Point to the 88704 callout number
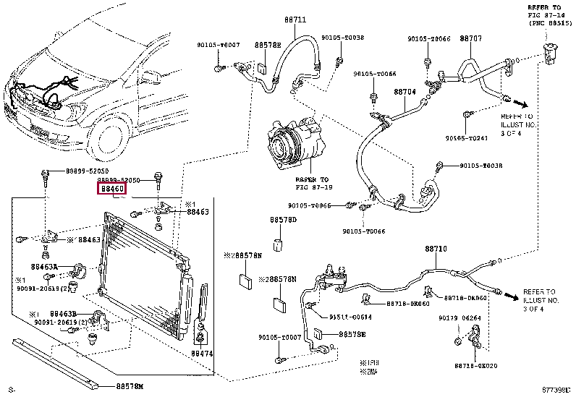coord(405,93)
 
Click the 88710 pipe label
coord(436,249)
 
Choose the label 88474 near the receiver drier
coord(202,354)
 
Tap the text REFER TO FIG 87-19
coord(312,183)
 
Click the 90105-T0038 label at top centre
coord(342,38)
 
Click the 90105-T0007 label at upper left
coord(218,45)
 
